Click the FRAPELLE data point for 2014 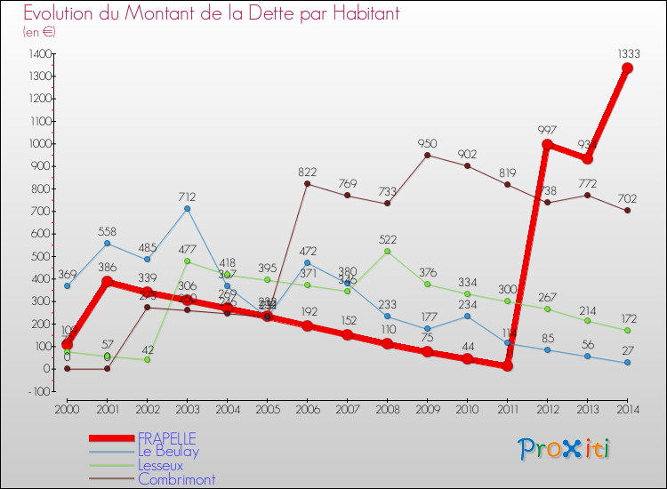click(x=627, y=68)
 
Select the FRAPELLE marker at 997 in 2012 click(x=547, y=144)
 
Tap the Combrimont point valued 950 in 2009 click(x=427, y=155)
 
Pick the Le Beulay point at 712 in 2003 click(x=187, y=208)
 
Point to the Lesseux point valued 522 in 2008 click(x=387, y=251)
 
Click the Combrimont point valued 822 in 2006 click(x=307, y=183)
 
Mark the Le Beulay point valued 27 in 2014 click(x=627, y=363)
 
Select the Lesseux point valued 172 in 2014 click(x=627, y=330)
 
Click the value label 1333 click(x=627, y=53)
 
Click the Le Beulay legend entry click(x=168, y=452)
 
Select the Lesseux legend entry click(x=160, y=465)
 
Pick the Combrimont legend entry click(x=176, y=479)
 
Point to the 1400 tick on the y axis click(x=39, y=53)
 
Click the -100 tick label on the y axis click(x=38, y=391)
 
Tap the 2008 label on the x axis click(x=387, y=410)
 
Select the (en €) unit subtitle click(x=39, y=32)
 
